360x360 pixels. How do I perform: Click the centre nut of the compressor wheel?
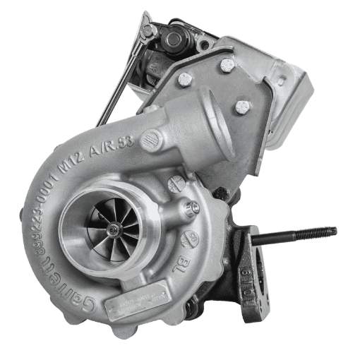click(111, 227)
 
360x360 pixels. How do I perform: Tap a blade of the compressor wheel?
click(99, 215)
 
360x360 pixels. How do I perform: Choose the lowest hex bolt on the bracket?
click(241, 107)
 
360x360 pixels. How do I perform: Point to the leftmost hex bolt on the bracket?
click(186, 78)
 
